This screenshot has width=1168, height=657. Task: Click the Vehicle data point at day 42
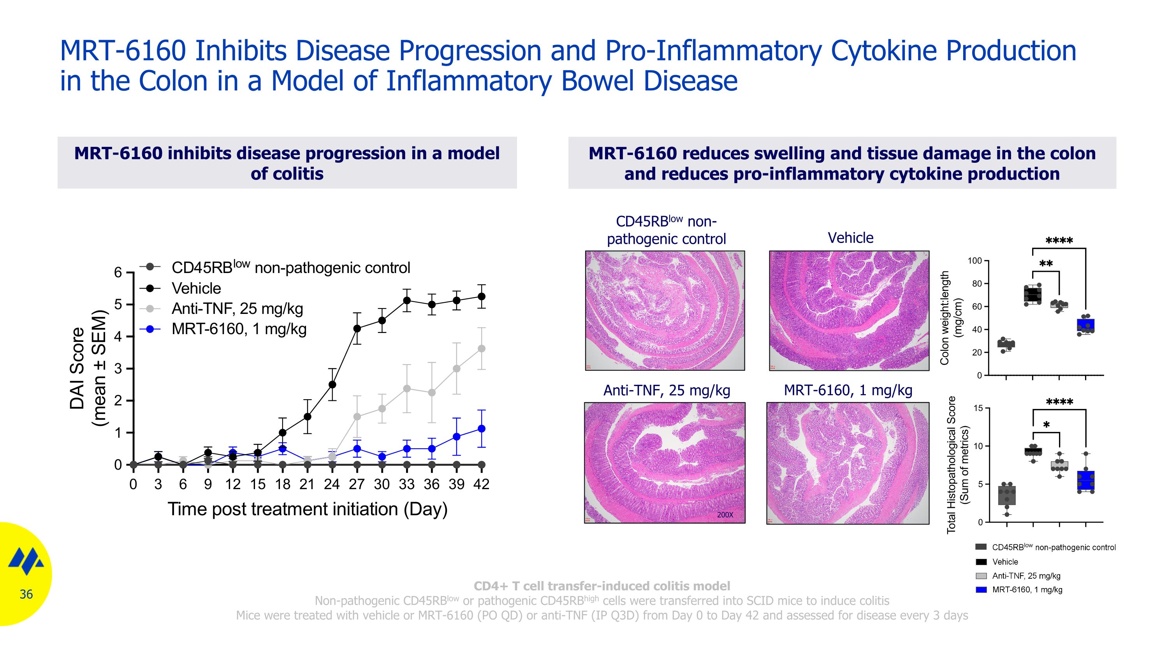click(x=482, y=296)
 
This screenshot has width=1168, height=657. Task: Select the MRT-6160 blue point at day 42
click(x=482, y=428)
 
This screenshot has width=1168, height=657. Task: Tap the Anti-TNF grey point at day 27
click(x=357, y=417)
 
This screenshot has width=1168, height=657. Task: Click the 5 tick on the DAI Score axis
click(x=118, y=305)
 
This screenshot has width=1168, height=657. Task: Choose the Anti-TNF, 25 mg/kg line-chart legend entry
click(x=237, y=309)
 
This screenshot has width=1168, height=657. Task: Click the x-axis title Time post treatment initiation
click(x=308, y=509)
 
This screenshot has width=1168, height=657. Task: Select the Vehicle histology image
click(x=849, y=311)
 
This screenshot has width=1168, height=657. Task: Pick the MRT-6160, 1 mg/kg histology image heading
click(x=848, y=390)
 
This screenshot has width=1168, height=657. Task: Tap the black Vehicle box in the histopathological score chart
click(x=1033, y=451)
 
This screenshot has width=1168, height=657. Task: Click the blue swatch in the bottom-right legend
click(x=981, y=590)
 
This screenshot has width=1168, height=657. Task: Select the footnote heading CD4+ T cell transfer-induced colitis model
click(x=602, y=586)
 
